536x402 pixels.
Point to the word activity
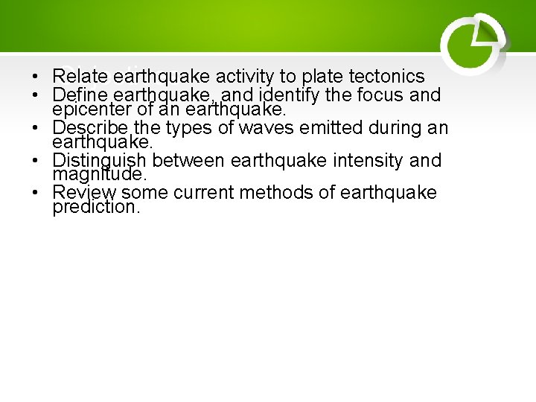click(246, 77)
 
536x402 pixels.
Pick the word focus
click(377, 95)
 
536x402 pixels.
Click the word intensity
click(361, 161)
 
